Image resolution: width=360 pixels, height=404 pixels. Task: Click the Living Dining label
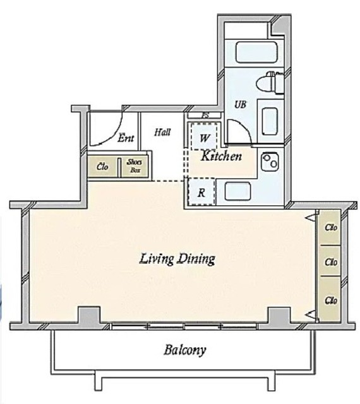point(177,259)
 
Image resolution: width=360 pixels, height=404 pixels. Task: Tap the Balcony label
point(185,350)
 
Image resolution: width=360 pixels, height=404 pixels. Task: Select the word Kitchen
point(221,156)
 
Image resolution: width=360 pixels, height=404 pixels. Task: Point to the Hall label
point(162,132)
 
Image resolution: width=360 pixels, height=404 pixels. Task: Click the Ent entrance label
point(126,138)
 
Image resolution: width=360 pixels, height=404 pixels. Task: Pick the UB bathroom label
point(241,104)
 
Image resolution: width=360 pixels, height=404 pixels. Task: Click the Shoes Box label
point(135,165)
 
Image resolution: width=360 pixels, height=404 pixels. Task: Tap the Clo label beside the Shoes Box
point(102,167)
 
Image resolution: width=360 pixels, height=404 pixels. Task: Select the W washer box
point(204,136)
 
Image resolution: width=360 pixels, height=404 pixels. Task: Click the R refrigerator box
point(201,192)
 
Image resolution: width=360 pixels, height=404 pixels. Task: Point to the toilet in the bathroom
point(270,83)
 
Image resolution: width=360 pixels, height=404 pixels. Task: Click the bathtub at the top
point(256,52)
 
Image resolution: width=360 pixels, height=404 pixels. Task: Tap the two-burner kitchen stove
point(270,162)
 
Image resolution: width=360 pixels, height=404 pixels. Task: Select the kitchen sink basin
point(237,191)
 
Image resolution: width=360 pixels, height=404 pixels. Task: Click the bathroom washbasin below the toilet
point(270,121)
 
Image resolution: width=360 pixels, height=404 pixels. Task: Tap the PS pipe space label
point(205,116)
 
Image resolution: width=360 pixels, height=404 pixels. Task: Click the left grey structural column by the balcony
point(89,314)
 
